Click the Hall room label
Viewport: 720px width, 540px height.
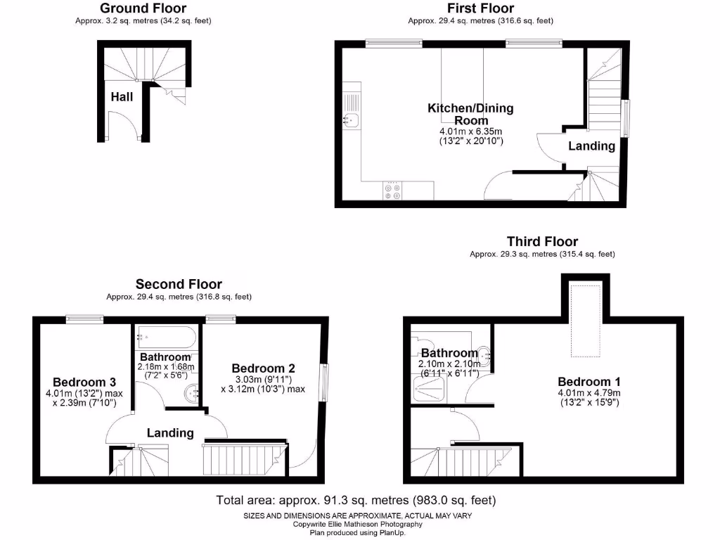[122, 97]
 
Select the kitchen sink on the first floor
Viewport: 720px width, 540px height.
[352, 120]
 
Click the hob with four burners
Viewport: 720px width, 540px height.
[392, 191]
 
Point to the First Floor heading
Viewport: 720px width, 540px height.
[480, 8]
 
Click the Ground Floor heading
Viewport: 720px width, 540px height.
[143, 8]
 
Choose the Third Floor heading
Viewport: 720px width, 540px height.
[542, 242]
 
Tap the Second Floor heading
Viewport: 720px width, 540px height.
[179, 284]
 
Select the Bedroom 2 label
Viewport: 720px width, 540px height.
[263, 368]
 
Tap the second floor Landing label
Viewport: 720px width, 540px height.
[170, 432]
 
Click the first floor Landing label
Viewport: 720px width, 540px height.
[591, 146]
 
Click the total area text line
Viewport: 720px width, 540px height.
[356, 501]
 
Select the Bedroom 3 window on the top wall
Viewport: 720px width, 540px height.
[85, 319]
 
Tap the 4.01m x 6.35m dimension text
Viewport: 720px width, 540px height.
[470, 131]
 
